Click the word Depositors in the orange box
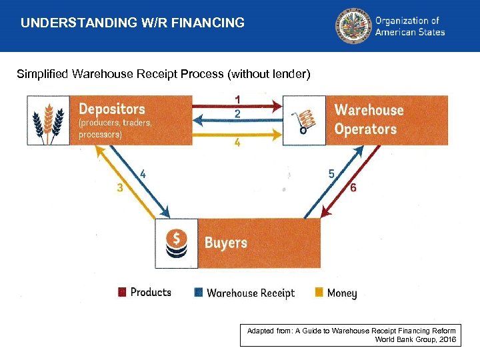click(111, 108)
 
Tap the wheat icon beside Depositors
click(48, 120)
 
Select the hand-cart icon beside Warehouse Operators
click(305, 121)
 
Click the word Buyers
click(225, 243)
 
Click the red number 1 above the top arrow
click(237, 99)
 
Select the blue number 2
click(237, 114)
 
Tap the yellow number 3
click(119, 188)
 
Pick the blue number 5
click(331, 173)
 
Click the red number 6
click(353, 188)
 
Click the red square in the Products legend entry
click(122, 292)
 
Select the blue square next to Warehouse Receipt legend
click(198, 293)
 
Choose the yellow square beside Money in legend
click(319, 293)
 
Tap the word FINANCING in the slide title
click(208, 23)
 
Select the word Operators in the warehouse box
click(365, 129)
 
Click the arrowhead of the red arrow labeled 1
click(278, 105)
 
